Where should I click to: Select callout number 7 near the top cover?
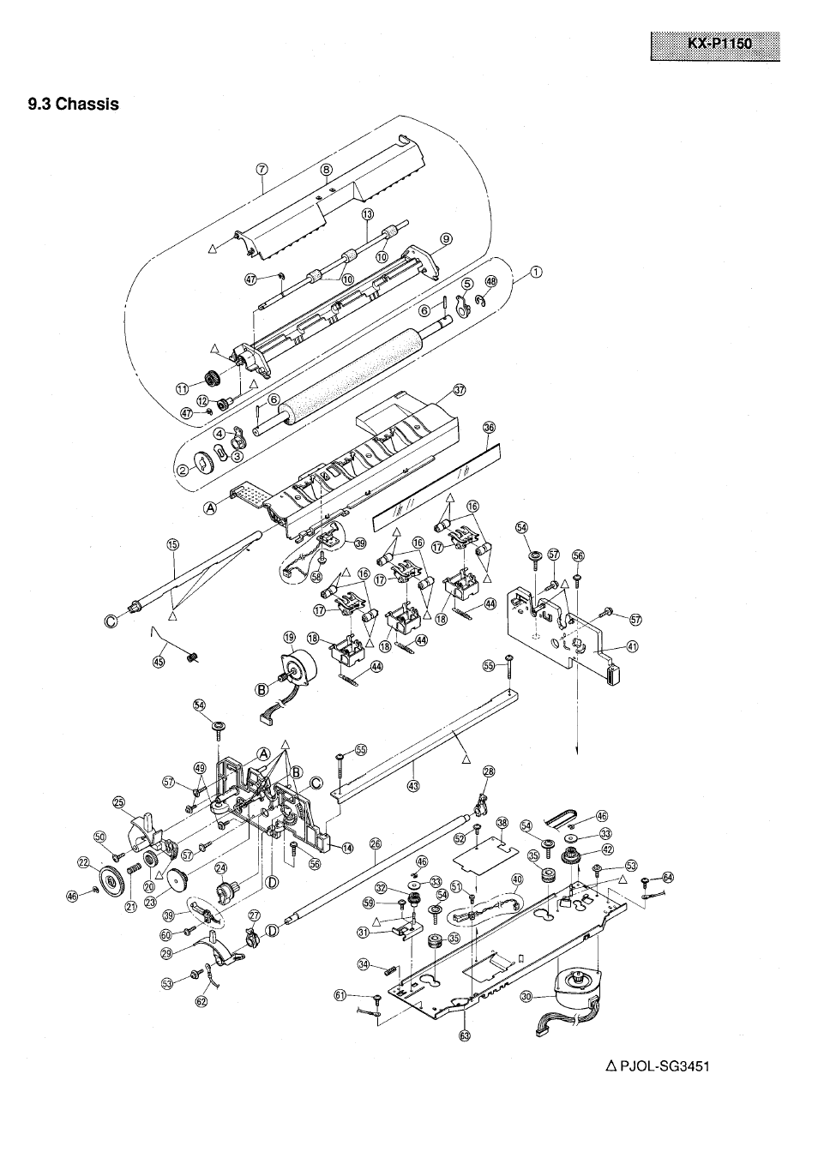point(263,169)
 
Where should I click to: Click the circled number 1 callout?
point(536,273)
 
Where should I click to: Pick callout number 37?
point(460,389)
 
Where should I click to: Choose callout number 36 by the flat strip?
point(489,427)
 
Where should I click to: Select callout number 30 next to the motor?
point(526,996)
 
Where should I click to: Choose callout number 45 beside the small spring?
point(158,661)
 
